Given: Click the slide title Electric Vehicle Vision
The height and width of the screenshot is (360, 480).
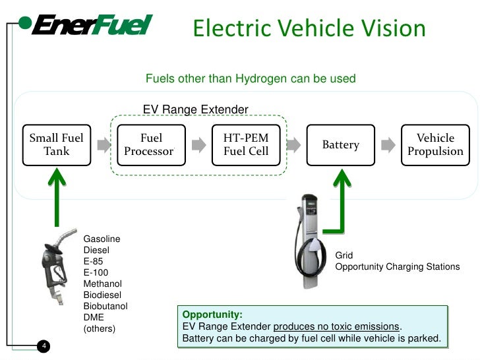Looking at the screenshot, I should [309, 28].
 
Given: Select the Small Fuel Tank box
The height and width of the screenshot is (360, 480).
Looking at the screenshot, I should [56, 144].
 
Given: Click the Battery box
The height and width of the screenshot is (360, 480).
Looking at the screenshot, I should [340, 144].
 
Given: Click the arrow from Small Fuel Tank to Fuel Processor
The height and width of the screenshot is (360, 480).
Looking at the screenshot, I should [102, 144].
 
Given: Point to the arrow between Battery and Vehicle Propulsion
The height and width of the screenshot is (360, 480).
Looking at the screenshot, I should [388, 144].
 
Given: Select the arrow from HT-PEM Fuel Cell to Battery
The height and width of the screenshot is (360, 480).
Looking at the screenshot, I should [294, 144].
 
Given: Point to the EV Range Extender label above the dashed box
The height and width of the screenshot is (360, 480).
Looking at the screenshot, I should [196, 109].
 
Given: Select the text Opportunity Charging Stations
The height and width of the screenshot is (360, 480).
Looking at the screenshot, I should [397, 267].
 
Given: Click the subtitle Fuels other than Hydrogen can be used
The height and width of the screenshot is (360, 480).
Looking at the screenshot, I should [251, 79].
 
